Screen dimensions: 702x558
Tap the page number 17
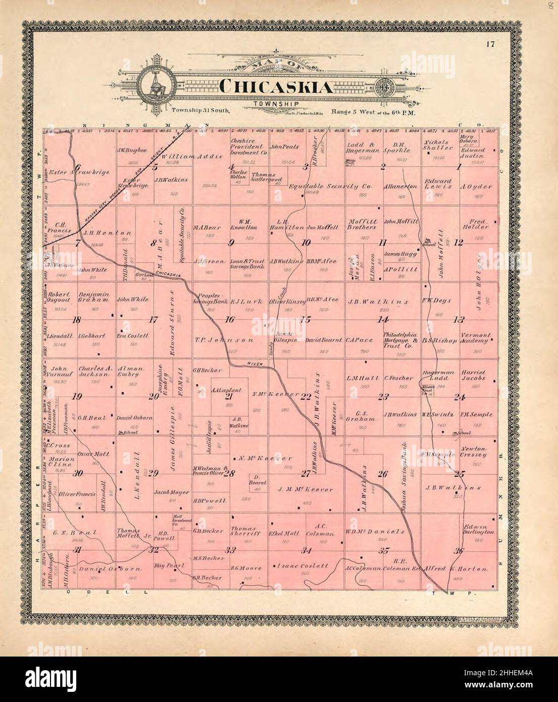tap(490, 43)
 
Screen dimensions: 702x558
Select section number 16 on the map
tap(230, 319)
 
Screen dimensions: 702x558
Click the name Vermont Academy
tap(477, 338)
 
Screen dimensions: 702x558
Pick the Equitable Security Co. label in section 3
tap(330, 186)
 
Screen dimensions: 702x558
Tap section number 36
tap(458, 551)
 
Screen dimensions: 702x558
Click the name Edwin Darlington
tap(477, 529)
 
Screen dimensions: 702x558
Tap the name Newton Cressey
tap(473, 452)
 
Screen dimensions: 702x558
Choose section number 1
tap(458, 167)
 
